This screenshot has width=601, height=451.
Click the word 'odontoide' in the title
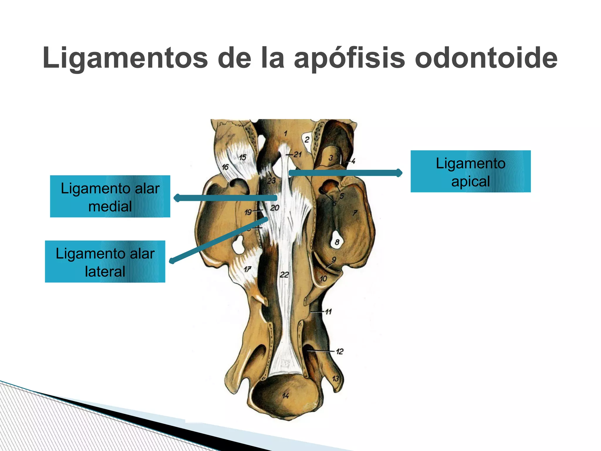pyautogui.click(x=486, y=58)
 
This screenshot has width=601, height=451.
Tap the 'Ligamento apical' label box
pyautogui.click(x=470, y=171)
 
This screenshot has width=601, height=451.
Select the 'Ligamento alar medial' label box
pyautogui.click(x=110, y=196)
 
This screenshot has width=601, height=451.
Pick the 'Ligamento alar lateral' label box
pyautogui.click(x=105, y=262)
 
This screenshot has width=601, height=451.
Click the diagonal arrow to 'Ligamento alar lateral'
pyautogui.click(x=219, y=239)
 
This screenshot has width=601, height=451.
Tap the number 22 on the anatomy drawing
pyautogui.click(x=284, y=275)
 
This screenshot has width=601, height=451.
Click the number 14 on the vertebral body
pyautogui.click(x=285, y=396)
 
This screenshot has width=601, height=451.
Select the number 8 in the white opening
pyautogui.click(x=337, y=242)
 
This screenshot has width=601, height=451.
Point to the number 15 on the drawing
pyautogui.click(x=242, y=157)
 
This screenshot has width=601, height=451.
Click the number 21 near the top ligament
pyautogui.click(x=298, y=154)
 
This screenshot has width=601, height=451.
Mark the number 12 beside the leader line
pyautogui.click(x=340, y=351)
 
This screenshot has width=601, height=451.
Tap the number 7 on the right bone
pyautogui.click(x=355, y=213)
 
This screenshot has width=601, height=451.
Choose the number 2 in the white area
pyautogui.click(x=307, y=139)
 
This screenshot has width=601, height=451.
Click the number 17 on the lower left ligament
pyautogui.click(x=247, y=269)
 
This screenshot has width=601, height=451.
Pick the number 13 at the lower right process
pyautogui.click(x=335, y=378)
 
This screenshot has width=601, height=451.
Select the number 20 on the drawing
pyautogui.click(x=275, y=208)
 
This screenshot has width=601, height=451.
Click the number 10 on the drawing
pyautogui.click(x=323, y=278)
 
